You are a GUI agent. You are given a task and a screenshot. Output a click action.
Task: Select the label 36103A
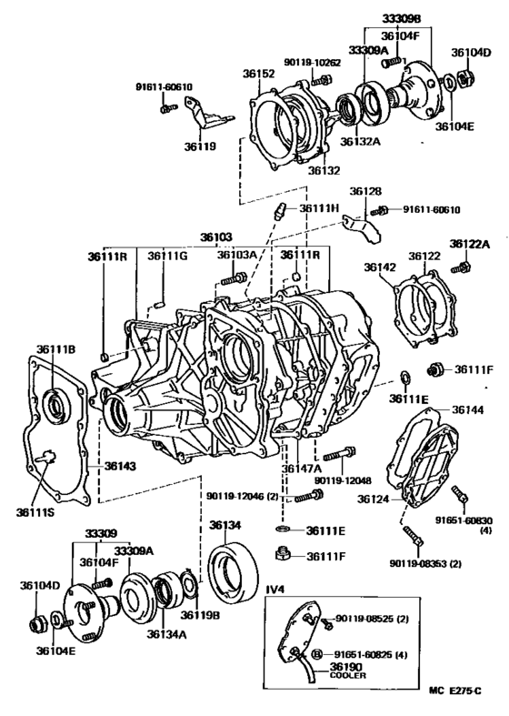point(237,256)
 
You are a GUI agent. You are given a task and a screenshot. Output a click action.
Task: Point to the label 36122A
point(469,244)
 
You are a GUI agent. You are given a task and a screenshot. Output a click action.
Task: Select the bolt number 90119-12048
point(345,479)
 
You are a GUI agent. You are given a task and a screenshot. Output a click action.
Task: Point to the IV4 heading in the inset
point(275,590)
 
